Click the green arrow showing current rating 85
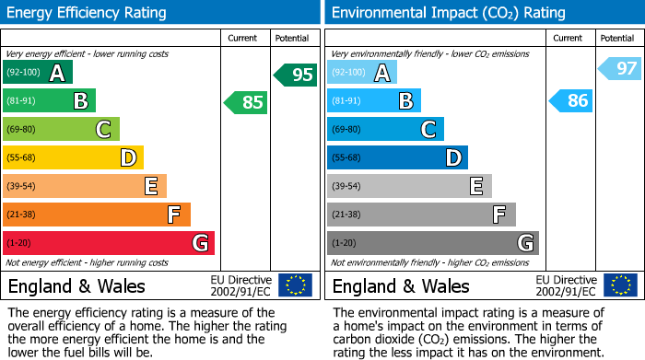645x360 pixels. (247, 102)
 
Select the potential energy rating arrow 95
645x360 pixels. (296, 75)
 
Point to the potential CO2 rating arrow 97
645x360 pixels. (620, 68)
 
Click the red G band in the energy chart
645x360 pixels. (108, 243)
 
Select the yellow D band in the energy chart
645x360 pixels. (73, 157)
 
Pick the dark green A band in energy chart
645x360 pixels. (37, 73)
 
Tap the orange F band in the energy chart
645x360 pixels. (96, 215)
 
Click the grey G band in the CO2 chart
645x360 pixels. (432, 243)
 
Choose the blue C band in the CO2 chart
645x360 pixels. (385, 129)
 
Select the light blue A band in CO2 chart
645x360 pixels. (361, 73)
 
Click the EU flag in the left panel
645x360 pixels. (295, 285)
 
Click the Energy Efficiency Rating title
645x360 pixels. (88, 13)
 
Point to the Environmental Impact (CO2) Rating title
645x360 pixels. (448, 13)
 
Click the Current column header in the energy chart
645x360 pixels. (244, 38)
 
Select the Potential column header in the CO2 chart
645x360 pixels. (616, 38)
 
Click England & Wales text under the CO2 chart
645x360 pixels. (401, 285)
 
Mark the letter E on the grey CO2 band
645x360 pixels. (475, 186)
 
